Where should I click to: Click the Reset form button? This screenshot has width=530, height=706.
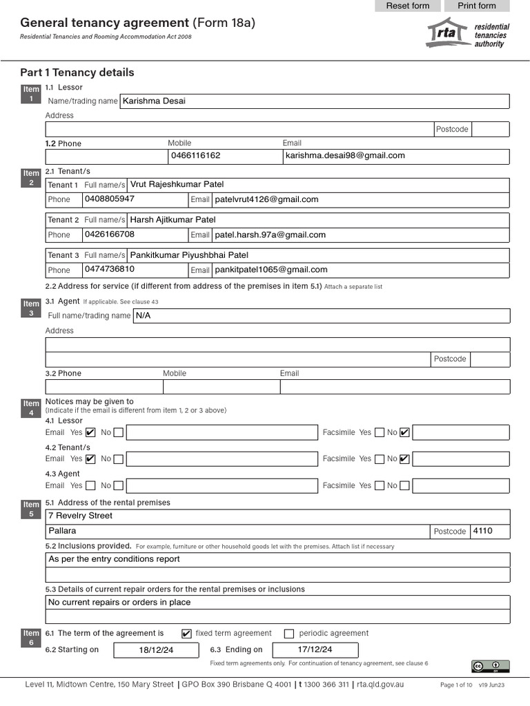pyautogui.click(x=407, y=6)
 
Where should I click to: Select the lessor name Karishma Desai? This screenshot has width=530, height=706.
pyautogui.click(x=154, y=101)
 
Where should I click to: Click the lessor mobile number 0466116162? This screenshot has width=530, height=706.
pyautogui.click(x=195, y=156)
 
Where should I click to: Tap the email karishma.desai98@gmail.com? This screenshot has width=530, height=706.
pyautogui.click(x=345, y=156)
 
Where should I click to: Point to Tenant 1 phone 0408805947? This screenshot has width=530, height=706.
pyautogui.click(x=109, y=199)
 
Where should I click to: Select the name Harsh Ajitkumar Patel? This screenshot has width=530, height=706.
pyautogui.click(x=173, y=220)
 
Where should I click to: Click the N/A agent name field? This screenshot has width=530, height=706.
pyautogui.click(x=143, y=316)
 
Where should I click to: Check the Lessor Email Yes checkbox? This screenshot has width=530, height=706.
pyautogui.click(x=90, y=433)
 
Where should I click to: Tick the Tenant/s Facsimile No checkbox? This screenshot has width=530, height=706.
pyautogui.click(x=404, y=459)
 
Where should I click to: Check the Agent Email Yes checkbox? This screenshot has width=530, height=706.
pyautogui.click(x=90, y=485)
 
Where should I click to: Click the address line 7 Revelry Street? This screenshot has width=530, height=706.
pyautogui.click(x=80, y=516)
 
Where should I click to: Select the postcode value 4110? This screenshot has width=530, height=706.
pyautogui.click(x=483, y=532)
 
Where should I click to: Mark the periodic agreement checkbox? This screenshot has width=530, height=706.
pyautogui.click(x=289, y=634)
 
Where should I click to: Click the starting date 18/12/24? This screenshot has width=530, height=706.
pyautogui.click(x=155, y=650)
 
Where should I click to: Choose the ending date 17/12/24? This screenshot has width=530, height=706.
pyautogui.click(x=315, y=650)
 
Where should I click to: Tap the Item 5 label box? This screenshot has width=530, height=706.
pyautogui.click(x=31, y=510)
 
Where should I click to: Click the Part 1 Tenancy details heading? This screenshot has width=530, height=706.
pyautogui.click(x=77, y=72)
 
